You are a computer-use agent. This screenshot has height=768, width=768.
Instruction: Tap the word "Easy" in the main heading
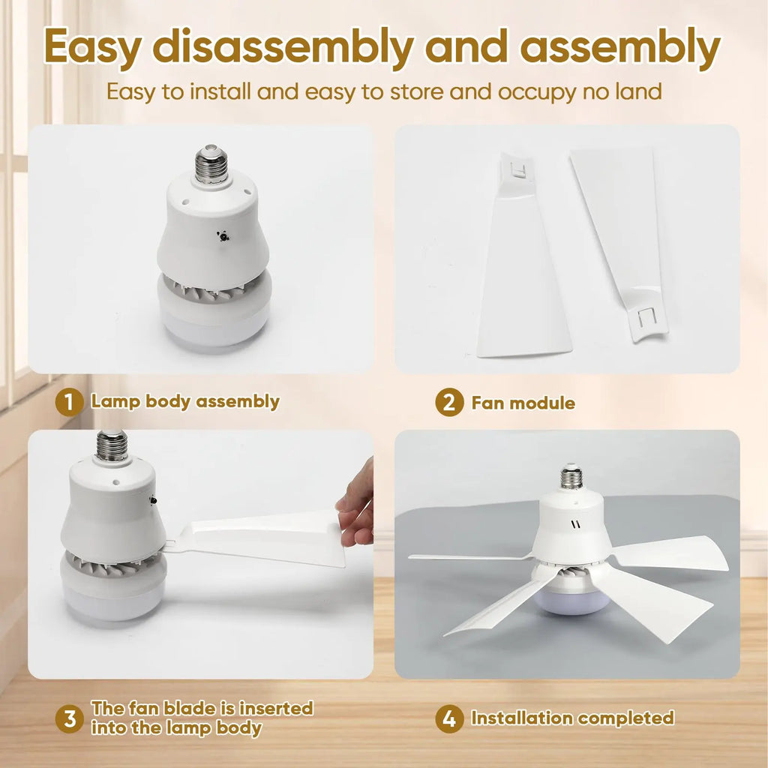pyautogui.click(x=93, y=47)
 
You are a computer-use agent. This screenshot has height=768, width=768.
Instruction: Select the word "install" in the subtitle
pyautogui.click(x=220, y=91)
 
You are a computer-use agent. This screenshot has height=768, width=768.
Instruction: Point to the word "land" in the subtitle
pyautogui.click(x=639, y=91)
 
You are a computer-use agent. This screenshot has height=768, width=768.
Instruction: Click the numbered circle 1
pyautogui.click(x=69, y=403)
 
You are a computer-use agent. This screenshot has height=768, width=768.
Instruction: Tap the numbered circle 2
pyautogui.click(x=449, y=402)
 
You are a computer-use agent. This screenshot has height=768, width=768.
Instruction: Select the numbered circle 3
pyautogui.click(x=69, y=718)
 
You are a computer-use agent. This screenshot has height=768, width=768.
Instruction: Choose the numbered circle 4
pyautogui.click(x=449, y=718)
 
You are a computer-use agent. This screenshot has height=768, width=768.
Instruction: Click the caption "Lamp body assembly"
pyautogui.click(x=185, y=402)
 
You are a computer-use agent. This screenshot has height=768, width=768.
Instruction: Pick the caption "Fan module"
pyautogui.click(x=523, y=403)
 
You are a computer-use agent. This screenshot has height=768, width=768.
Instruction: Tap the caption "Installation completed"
pyautogui.click(x=572, y=718)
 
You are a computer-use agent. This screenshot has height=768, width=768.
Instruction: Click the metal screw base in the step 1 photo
pyautogui.click(x=211, y=163)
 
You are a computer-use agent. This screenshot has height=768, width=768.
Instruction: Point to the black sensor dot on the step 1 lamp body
pyautogui.click(x=223, y=236)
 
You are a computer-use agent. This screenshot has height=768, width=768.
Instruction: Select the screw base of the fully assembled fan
pyautogui.click(x=571, y=475)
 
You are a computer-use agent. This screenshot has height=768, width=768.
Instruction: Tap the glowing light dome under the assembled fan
pyautogui.click(x=572, y=601)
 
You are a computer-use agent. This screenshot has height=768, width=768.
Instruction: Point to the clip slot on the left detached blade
pyautogui.click(x=518, y=169)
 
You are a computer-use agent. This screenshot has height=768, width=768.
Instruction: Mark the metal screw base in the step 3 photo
pyautogui.click(x=112, y=445)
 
